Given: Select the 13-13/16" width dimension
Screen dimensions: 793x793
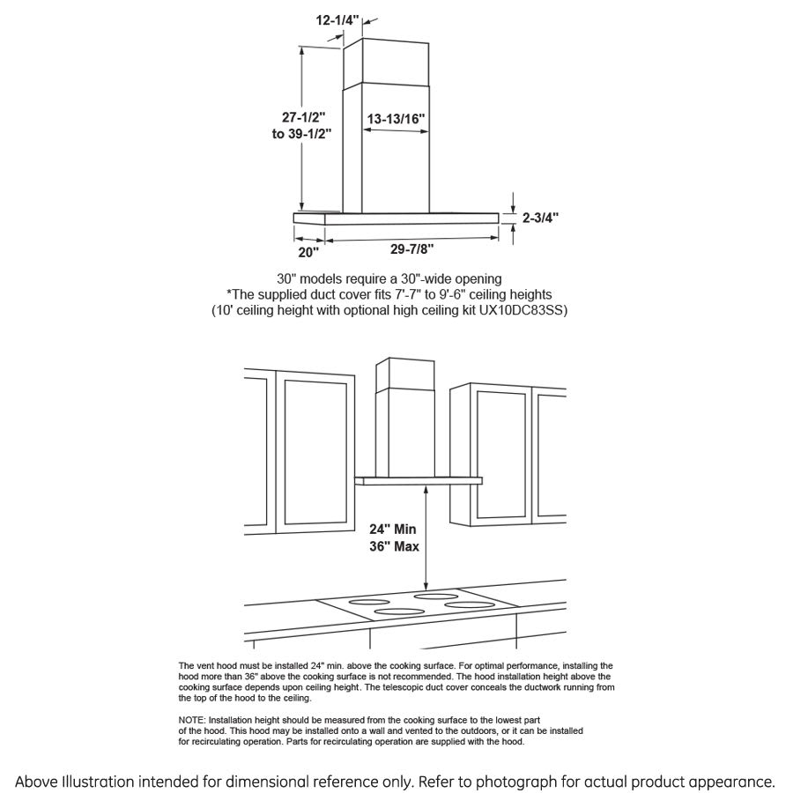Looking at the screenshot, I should pyautogui.click(x=396, y=118).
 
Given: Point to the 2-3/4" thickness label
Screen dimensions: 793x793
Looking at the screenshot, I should pyautogui.click(x=540, y=216).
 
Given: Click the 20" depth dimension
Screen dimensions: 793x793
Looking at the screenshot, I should pyautogui.click(x=308, y=252).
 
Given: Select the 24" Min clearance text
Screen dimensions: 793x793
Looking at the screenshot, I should pyautogui.click(x=392, y=530).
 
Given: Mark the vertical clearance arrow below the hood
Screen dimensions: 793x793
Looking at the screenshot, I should pyautogui.click(x=427, y=537).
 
